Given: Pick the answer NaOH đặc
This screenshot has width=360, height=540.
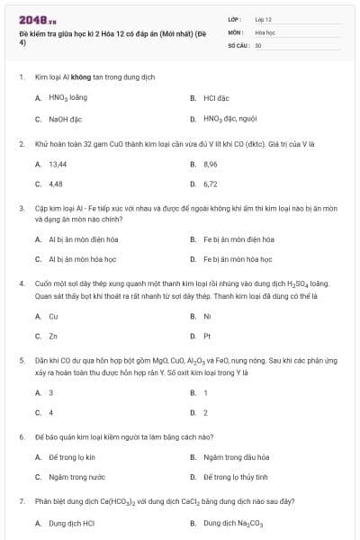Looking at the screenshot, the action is click(x=65, y=118).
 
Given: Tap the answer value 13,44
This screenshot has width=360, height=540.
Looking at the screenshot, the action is click(x=58, y=164).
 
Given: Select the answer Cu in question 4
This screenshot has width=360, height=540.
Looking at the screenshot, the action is click(x=53, y=316).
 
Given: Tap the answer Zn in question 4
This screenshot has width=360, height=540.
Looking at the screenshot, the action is click(x=53, y=336).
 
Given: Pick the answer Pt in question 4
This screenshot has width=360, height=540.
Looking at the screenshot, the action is click(x=207, y=336).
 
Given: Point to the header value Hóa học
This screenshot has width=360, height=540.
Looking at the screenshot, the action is click(x=265, y=31).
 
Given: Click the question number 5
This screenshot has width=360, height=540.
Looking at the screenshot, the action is click(x=21, y=359).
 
